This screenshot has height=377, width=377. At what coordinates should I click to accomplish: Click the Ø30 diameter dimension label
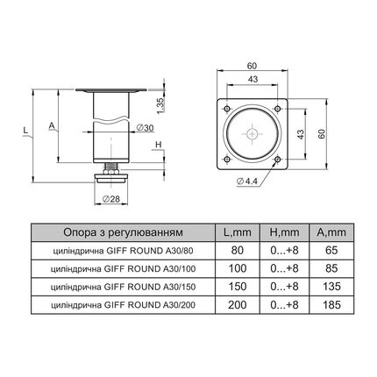[146, 128]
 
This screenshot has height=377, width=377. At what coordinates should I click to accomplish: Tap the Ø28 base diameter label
[111, 199]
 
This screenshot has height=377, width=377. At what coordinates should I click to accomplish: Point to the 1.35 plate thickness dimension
[160, 105]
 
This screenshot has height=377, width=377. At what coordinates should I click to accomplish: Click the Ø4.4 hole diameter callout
[246, 181]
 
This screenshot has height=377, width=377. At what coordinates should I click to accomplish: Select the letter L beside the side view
[25, 130]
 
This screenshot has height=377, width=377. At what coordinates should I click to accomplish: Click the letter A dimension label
[52, 125]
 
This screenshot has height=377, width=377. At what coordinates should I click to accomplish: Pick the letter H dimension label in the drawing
[158, 145]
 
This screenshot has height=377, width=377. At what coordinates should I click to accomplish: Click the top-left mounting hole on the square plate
[227, 109]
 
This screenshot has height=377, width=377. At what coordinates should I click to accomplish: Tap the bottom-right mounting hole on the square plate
[278, 160]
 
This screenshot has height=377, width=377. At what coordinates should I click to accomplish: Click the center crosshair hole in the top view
[253, 134]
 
